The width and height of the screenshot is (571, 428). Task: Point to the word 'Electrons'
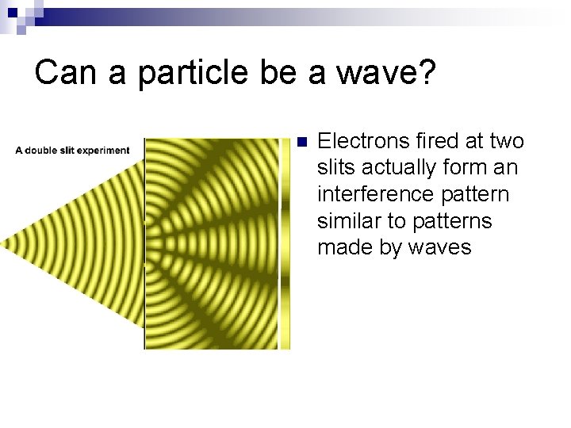pos(361,142)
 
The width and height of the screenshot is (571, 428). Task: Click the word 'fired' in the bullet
pos(436,142)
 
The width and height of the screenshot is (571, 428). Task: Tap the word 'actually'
pos(402,168)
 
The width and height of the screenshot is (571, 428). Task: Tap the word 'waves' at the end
pos(439,248)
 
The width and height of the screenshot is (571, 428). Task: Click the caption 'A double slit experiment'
pos(72,151)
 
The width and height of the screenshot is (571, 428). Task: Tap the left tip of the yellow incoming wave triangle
pos(3,241)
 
